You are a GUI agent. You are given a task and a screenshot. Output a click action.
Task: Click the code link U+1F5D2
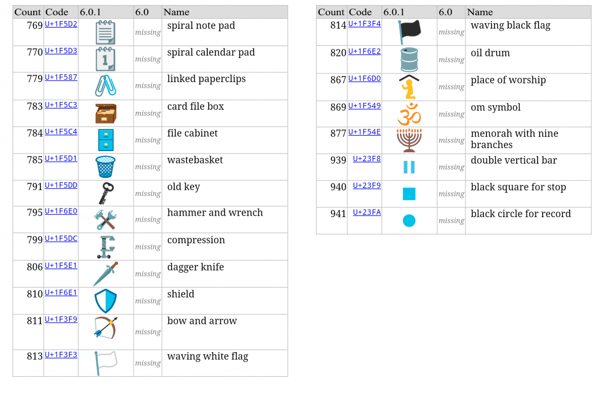[61, 24]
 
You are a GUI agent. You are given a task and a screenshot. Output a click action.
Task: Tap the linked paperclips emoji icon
[105, 86]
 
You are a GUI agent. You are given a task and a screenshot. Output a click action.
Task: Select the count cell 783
[35, 106]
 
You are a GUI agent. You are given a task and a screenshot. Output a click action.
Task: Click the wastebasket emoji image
[105, 167]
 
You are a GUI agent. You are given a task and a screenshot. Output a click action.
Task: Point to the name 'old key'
[184, 187]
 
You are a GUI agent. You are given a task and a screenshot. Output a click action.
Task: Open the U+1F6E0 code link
[61, 211]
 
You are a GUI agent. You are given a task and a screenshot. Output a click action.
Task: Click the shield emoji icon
[105, 301]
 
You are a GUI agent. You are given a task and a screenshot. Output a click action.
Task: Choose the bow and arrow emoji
[105, 328]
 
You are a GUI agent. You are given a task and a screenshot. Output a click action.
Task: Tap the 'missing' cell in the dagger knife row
[148, 274]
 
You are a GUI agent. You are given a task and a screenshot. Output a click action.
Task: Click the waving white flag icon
[105, 363]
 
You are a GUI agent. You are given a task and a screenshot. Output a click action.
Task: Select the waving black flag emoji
[409, 32]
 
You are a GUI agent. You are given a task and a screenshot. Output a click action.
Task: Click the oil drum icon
[409, 59]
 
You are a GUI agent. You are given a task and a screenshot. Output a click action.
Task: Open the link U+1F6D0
[365, 79]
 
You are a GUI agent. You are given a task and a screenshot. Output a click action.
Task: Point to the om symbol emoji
[409, 114]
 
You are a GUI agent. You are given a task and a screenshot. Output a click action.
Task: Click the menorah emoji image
[409, 141]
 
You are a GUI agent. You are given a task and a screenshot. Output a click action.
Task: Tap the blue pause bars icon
[409, 167]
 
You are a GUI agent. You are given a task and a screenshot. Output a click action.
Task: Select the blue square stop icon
[409, 194]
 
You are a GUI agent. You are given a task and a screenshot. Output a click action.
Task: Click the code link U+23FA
[367, 213]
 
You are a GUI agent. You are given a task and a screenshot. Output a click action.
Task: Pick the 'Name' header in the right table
[480, 12]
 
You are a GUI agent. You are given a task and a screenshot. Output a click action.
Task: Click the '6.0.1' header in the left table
[90, 12]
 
